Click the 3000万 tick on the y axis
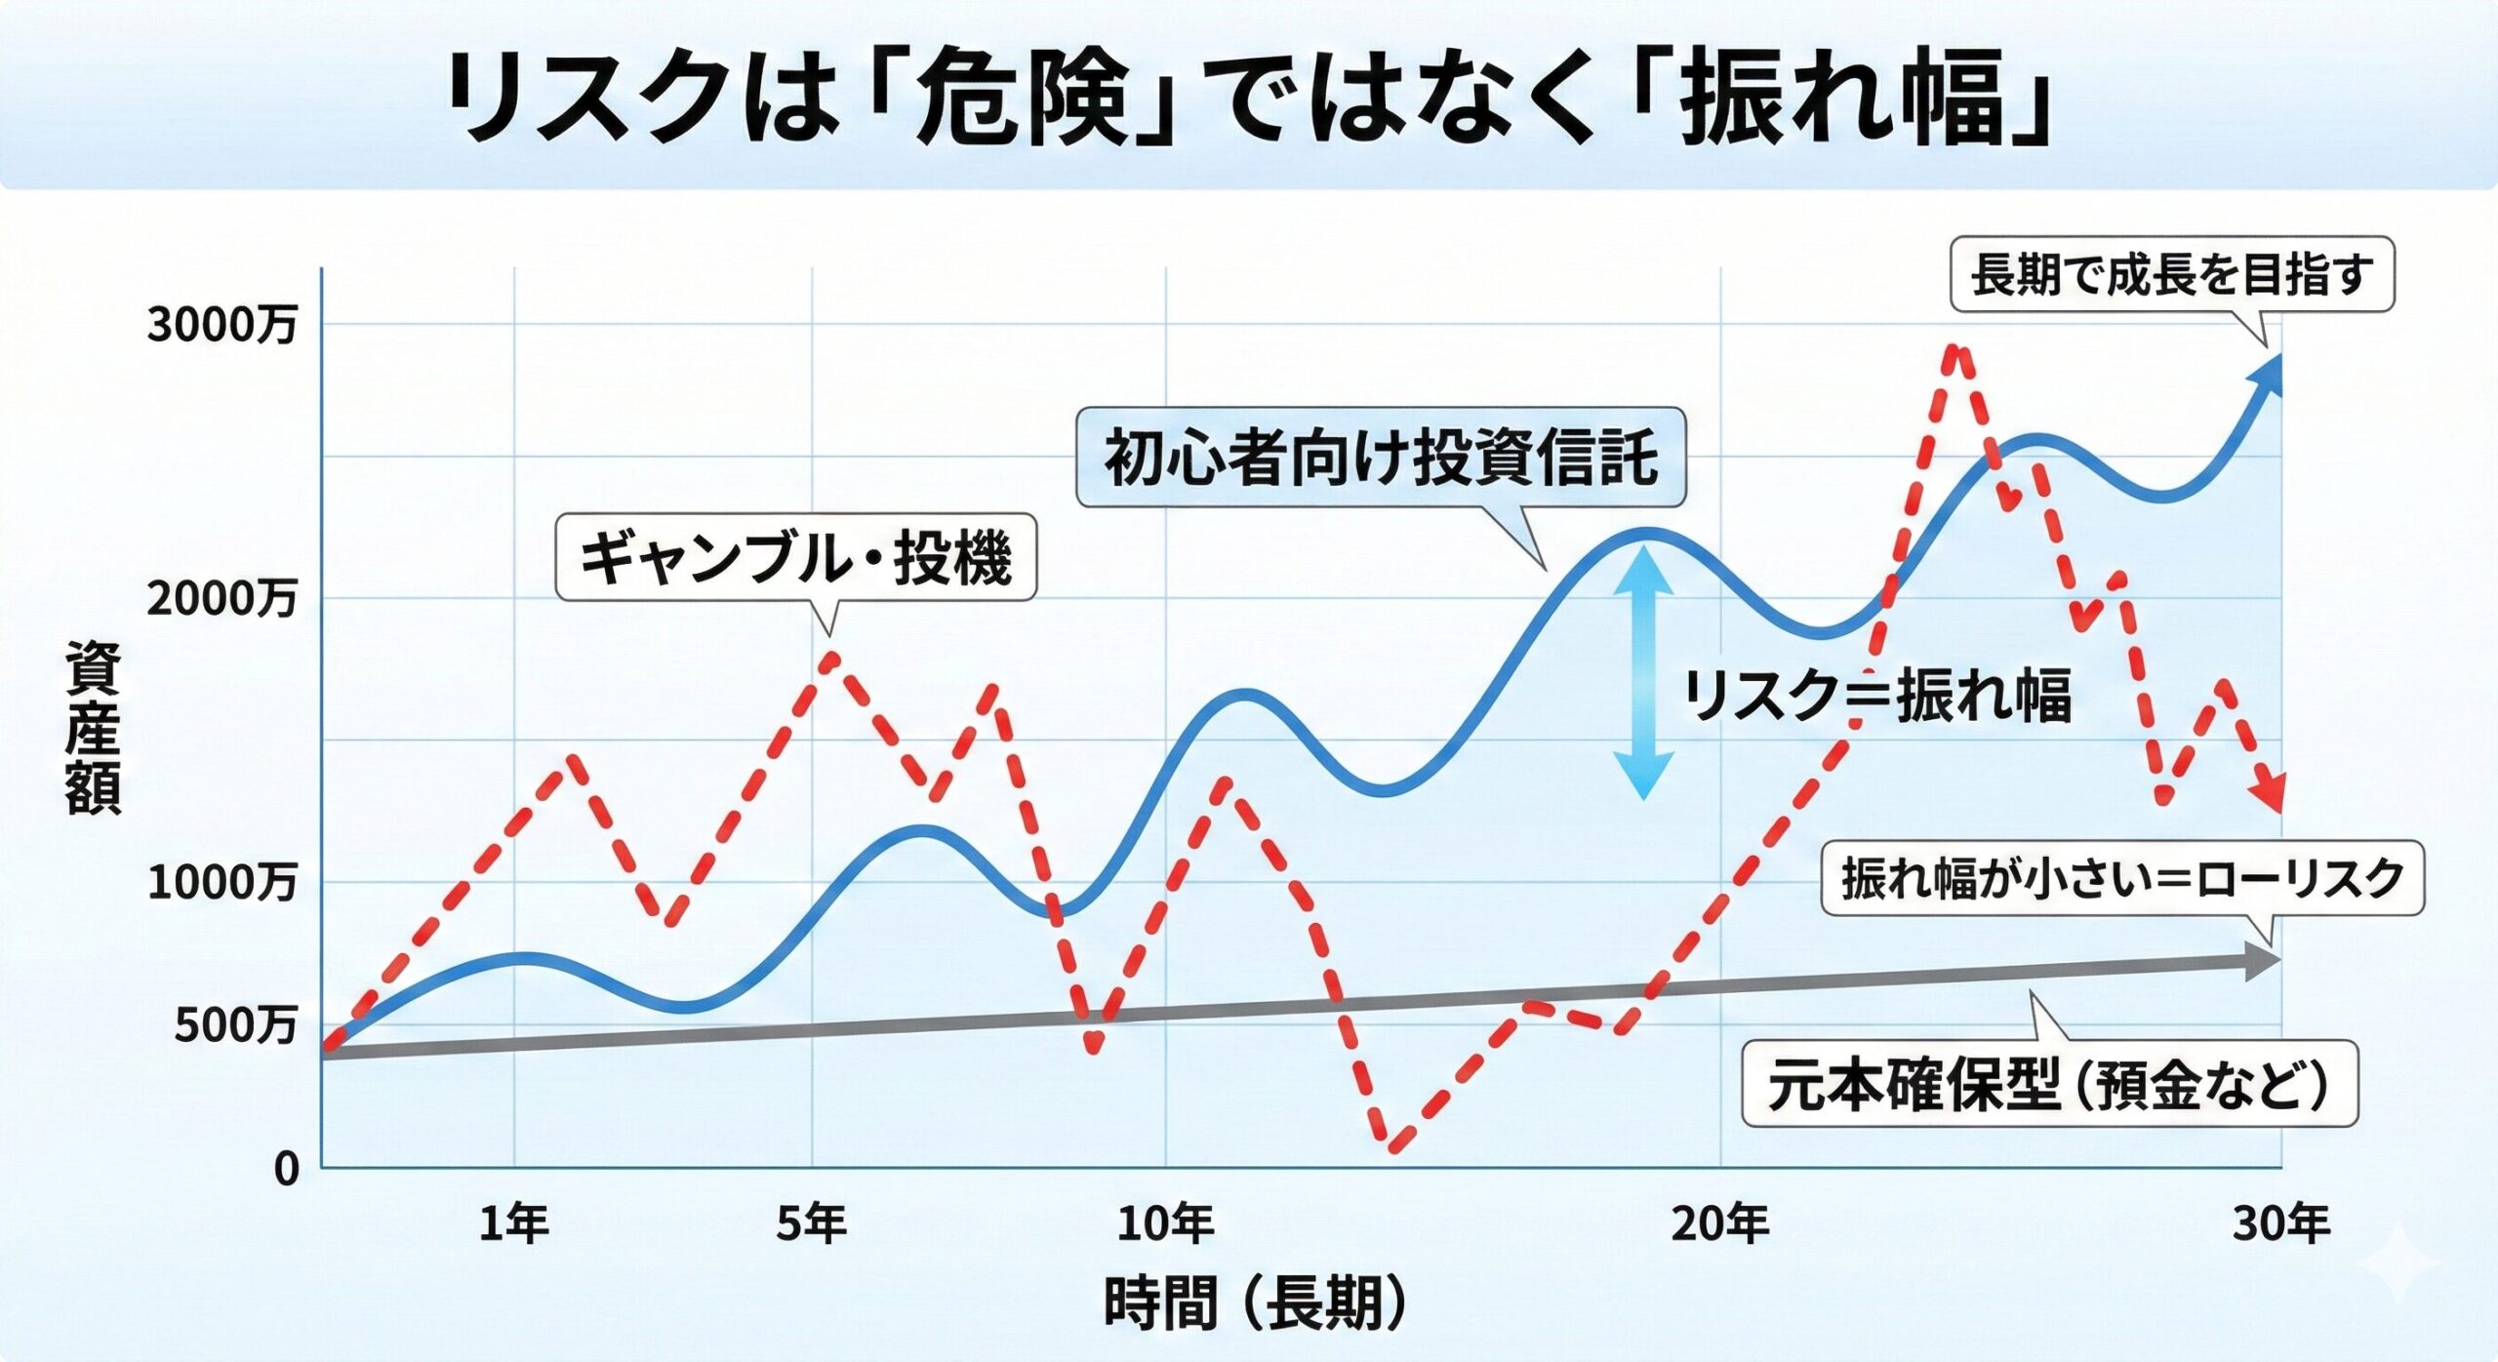coord(222,324)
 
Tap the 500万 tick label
coord(235,1025)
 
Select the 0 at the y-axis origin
coord(286,1168)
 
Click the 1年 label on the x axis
coord(513,1223)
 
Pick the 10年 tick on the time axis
coord(1165,1223)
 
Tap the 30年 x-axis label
coord(2280,1223)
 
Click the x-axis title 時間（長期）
coord(1255,1302)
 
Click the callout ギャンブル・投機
coord(795,557)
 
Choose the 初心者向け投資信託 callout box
coord(1381,458)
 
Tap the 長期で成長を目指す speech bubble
coord(2171,274)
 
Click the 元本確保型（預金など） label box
coord(2049,1084)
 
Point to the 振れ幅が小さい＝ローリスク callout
coord(2122,878)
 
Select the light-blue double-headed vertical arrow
coord(1645,673)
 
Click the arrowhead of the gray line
coord(2262,961)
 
